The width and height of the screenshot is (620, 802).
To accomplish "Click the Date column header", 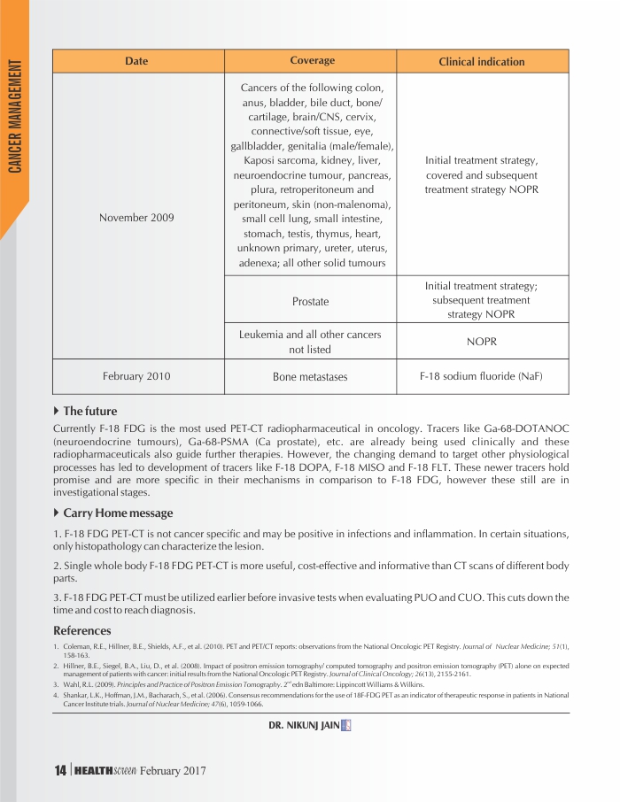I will (x=136, y=61).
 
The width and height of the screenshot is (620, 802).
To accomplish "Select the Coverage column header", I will (x=312, y=61).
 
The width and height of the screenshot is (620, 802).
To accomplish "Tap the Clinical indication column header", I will (x=482, y=62).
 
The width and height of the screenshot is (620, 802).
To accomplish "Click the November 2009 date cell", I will (x=137, y=217).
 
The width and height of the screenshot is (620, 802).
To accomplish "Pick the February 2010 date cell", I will (x=136, y=376).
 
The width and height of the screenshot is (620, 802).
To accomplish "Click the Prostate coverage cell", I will (x=310, y=302).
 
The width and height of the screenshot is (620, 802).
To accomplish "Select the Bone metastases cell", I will (x=310, y=377).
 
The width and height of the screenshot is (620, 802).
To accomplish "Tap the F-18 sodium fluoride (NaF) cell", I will (x=481, y=376).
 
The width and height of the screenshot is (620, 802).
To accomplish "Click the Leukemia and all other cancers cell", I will (x=310, y=342).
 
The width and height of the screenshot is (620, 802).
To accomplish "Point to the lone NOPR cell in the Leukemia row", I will (x=481, y=342).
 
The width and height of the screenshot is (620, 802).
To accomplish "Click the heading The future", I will (x=89, y=411).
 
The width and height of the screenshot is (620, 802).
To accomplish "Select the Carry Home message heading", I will (x=118, y=513).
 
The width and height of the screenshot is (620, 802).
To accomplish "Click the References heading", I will (x=82, y=630).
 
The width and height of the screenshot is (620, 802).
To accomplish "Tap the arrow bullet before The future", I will (x=58, y=411).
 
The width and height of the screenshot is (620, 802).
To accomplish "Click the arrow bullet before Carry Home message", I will (x=58, y=513).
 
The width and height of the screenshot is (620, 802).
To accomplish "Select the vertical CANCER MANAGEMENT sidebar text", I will (x=15, y=115).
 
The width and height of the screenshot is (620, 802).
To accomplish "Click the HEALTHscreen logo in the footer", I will (x=105, y=771).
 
